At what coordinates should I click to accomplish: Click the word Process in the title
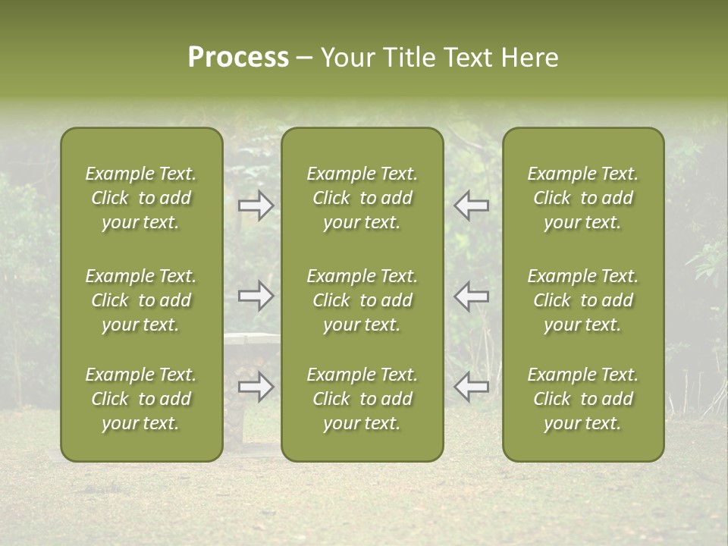point(238,58)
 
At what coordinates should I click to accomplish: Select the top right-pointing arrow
point(256,206)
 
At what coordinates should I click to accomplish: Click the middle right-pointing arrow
point(256,295)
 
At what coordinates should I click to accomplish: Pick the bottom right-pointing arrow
point(256,387)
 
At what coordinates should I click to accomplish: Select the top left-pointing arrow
point(472,206)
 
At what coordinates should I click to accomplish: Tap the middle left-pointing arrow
point(472,295)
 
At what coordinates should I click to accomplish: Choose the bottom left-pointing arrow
point(472,387)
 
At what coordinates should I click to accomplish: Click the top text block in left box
point(141,198)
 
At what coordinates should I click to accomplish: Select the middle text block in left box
point(141,300)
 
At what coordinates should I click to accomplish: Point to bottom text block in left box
point(141,399)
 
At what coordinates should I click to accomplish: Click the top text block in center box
point(362,198)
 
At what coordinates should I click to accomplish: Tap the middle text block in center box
point(362,300)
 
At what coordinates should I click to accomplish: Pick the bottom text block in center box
point(362,399)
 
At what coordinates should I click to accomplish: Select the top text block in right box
point(582,198)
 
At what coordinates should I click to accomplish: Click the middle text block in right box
point(582,300)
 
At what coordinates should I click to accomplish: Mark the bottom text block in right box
point(582,399)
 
